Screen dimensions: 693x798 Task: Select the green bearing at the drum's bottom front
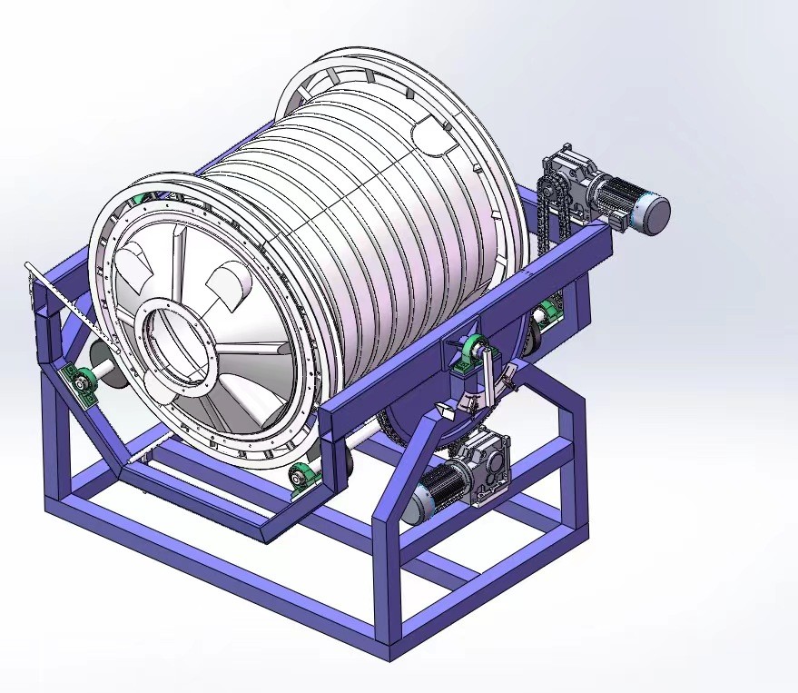(301, 477)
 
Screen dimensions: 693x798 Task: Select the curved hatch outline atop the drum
(434, 138)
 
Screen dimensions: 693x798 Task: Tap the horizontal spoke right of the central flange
(254, 348)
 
